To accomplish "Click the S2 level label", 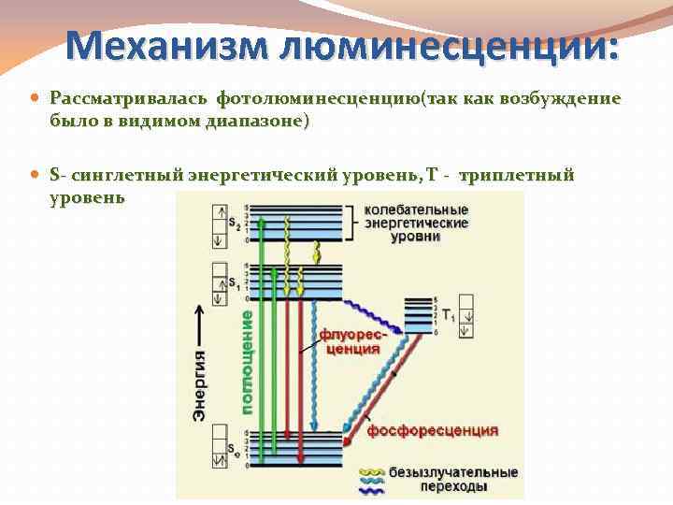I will point(234,225).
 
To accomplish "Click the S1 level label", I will point(234,286).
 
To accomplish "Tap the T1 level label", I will point(449,315).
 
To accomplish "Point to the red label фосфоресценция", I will point(432,431).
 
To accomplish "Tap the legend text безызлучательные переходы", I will point(452,479).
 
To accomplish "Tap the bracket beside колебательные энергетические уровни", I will point(352,224).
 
